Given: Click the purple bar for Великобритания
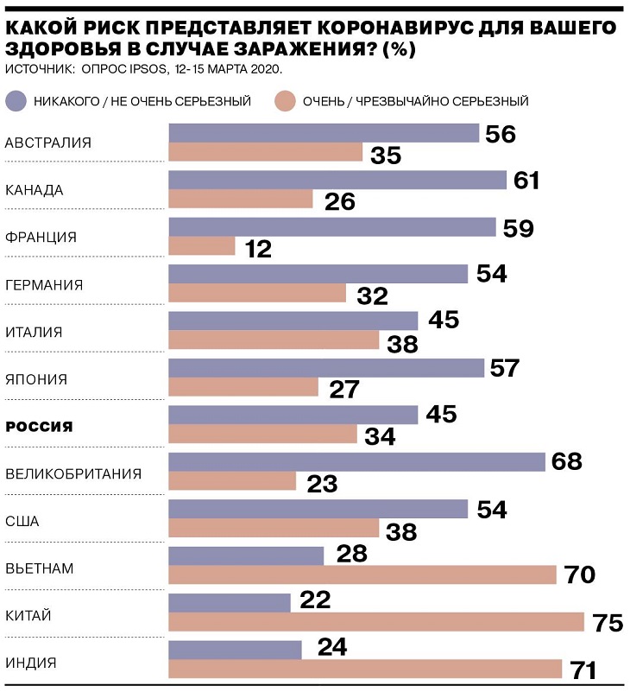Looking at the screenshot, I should (356, 461).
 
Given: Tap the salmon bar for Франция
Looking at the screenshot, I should (201, 246).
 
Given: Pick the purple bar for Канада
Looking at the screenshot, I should (337, 180).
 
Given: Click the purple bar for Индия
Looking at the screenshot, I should (235, 649).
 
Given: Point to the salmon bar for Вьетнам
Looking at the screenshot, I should (362, 575).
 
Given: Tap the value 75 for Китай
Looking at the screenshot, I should (603, 624).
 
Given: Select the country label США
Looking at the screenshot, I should (22, 521).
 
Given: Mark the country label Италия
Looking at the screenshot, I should (34, 333).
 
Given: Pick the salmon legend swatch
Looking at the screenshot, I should (286, 101).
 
